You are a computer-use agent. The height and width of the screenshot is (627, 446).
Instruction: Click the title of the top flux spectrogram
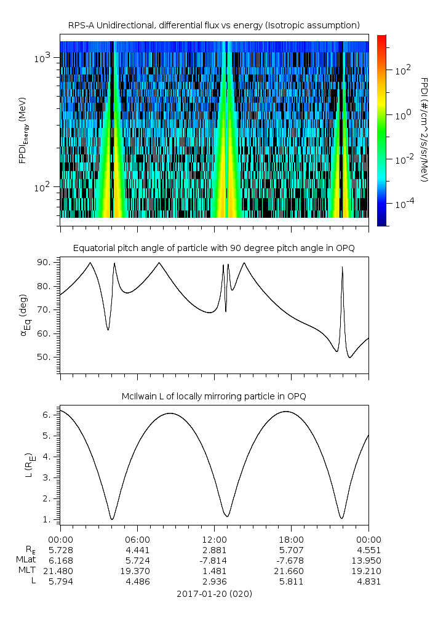[213, 25]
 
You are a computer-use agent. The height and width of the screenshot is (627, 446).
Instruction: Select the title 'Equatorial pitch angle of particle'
[213, 248]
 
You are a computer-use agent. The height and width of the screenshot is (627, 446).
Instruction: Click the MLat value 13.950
[368, 561]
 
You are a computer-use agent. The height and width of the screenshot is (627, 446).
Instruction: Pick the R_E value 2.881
[214, 549]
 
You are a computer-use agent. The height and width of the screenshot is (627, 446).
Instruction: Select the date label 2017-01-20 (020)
[214, 594]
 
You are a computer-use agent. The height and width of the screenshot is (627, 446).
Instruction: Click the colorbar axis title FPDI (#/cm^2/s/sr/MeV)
[424, 129]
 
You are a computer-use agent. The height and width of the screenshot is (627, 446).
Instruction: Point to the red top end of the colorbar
[381, 38]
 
